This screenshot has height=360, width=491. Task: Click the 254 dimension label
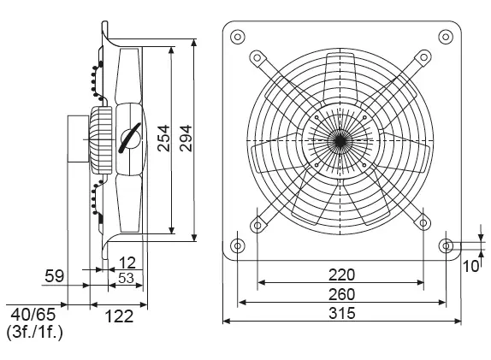tap(164, 139)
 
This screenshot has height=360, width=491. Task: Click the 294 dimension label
tap(186, 139)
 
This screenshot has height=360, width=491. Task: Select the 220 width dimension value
tap(341, 274)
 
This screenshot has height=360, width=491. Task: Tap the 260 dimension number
tap(341, 294)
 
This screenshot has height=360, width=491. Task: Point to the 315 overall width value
tap(342, 313)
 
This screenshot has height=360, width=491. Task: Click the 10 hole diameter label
tap(471, 266)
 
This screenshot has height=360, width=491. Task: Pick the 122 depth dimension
tap(119, 316)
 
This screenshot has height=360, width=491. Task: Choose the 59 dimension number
tap(55, 276)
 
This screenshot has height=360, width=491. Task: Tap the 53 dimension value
tap(126, 278)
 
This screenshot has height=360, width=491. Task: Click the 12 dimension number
tap(127, 263)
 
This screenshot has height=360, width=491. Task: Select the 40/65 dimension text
tap(33, 315)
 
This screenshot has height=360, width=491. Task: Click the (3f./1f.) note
tap(35, 332)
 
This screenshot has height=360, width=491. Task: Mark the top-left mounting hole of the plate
tap(237, 37)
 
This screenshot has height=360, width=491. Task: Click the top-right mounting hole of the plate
tap(446, 37)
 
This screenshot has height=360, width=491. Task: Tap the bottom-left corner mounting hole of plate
tap(237, 245)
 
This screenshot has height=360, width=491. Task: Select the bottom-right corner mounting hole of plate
tap(446, 245)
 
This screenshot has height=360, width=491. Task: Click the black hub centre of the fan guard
tap(340, 141)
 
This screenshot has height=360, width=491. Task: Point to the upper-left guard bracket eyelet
tap(257, 57)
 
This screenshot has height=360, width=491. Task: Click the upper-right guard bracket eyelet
tap(423, 57)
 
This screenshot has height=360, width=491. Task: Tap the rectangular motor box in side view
tap(79, 139)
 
